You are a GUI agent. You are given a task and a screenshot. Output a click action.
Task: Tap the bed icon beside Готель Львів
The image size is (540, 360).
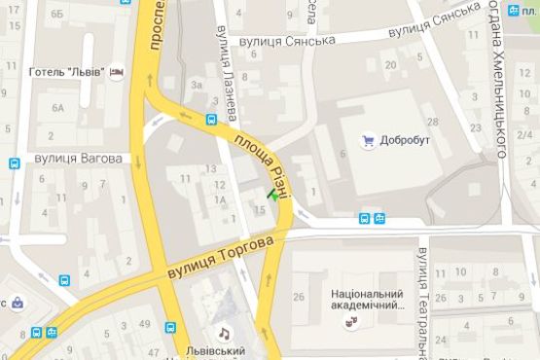pyautogui.click(x=117, y=73)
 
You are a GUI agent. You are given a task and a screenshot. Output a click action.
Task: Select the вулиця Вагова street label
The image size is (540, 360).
pyautogui.click(x=77, y=158)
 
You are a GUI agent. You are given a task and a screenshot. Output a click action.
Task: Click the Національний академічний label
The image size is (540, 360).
pyautogui.click(x=368, y=299)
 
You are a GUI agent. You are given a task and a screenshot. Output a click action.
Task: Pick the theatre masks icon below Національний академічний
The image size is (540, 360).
pyautogui.click(x=359, y=318)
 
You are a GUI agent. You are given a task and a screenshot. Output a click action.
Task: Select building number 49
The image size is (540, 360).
pyautogui.click(x=145, y=323)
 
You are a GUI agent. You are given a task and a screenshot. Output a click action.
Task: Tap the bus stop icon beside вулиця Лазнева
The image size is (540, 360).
pyautogui.click(x=211, y=121)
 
